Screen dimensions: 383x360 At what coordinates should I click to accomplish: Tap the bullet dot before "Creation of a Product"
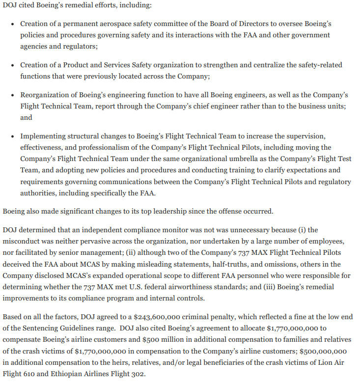click(12, 65)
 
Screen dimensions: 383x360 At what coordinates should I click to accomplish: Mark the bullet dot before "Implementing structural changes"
click(12, 136)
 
